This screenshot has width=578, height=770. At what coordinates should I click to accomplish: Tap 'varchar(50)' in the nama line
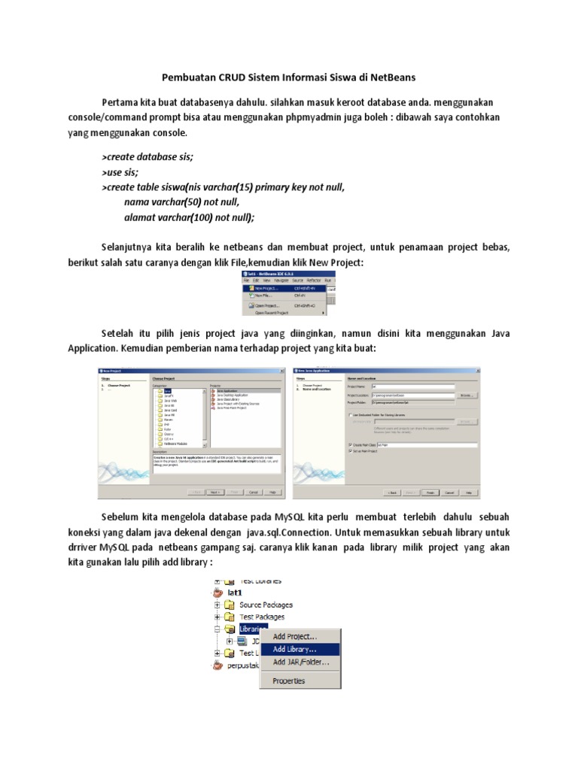178,202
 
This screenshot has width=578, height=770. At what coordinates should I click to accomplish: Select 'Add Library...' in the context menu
294,649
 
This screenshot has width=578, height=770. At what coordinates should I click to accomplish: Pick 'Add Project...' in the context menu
294,636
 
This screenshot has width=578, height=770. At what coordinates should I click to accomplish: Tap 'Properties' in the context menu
288,681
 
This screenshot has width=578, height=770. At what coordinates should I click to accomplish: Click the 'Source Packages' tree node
266,605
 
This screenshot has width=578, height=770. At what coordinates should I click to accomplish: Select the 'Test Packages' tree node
261,617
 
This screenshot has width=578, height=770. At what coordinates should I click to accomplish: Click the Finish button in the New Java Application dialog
430,493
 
